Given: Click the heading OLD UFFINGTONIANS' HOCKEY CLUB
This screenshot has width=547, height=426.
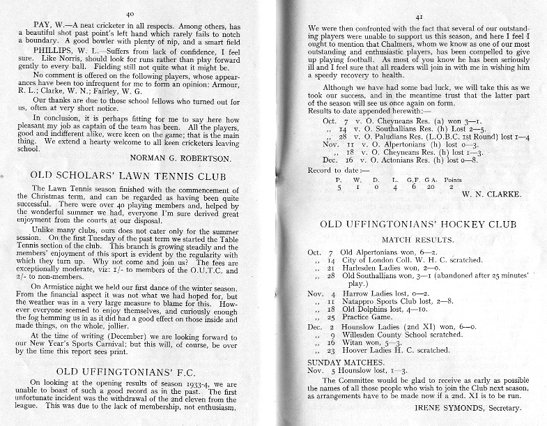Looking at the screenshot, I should click(x=417, y=225).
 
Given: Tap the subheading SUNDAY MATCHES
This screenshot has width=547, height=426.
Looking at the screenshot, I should click(x=345, y=362).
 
